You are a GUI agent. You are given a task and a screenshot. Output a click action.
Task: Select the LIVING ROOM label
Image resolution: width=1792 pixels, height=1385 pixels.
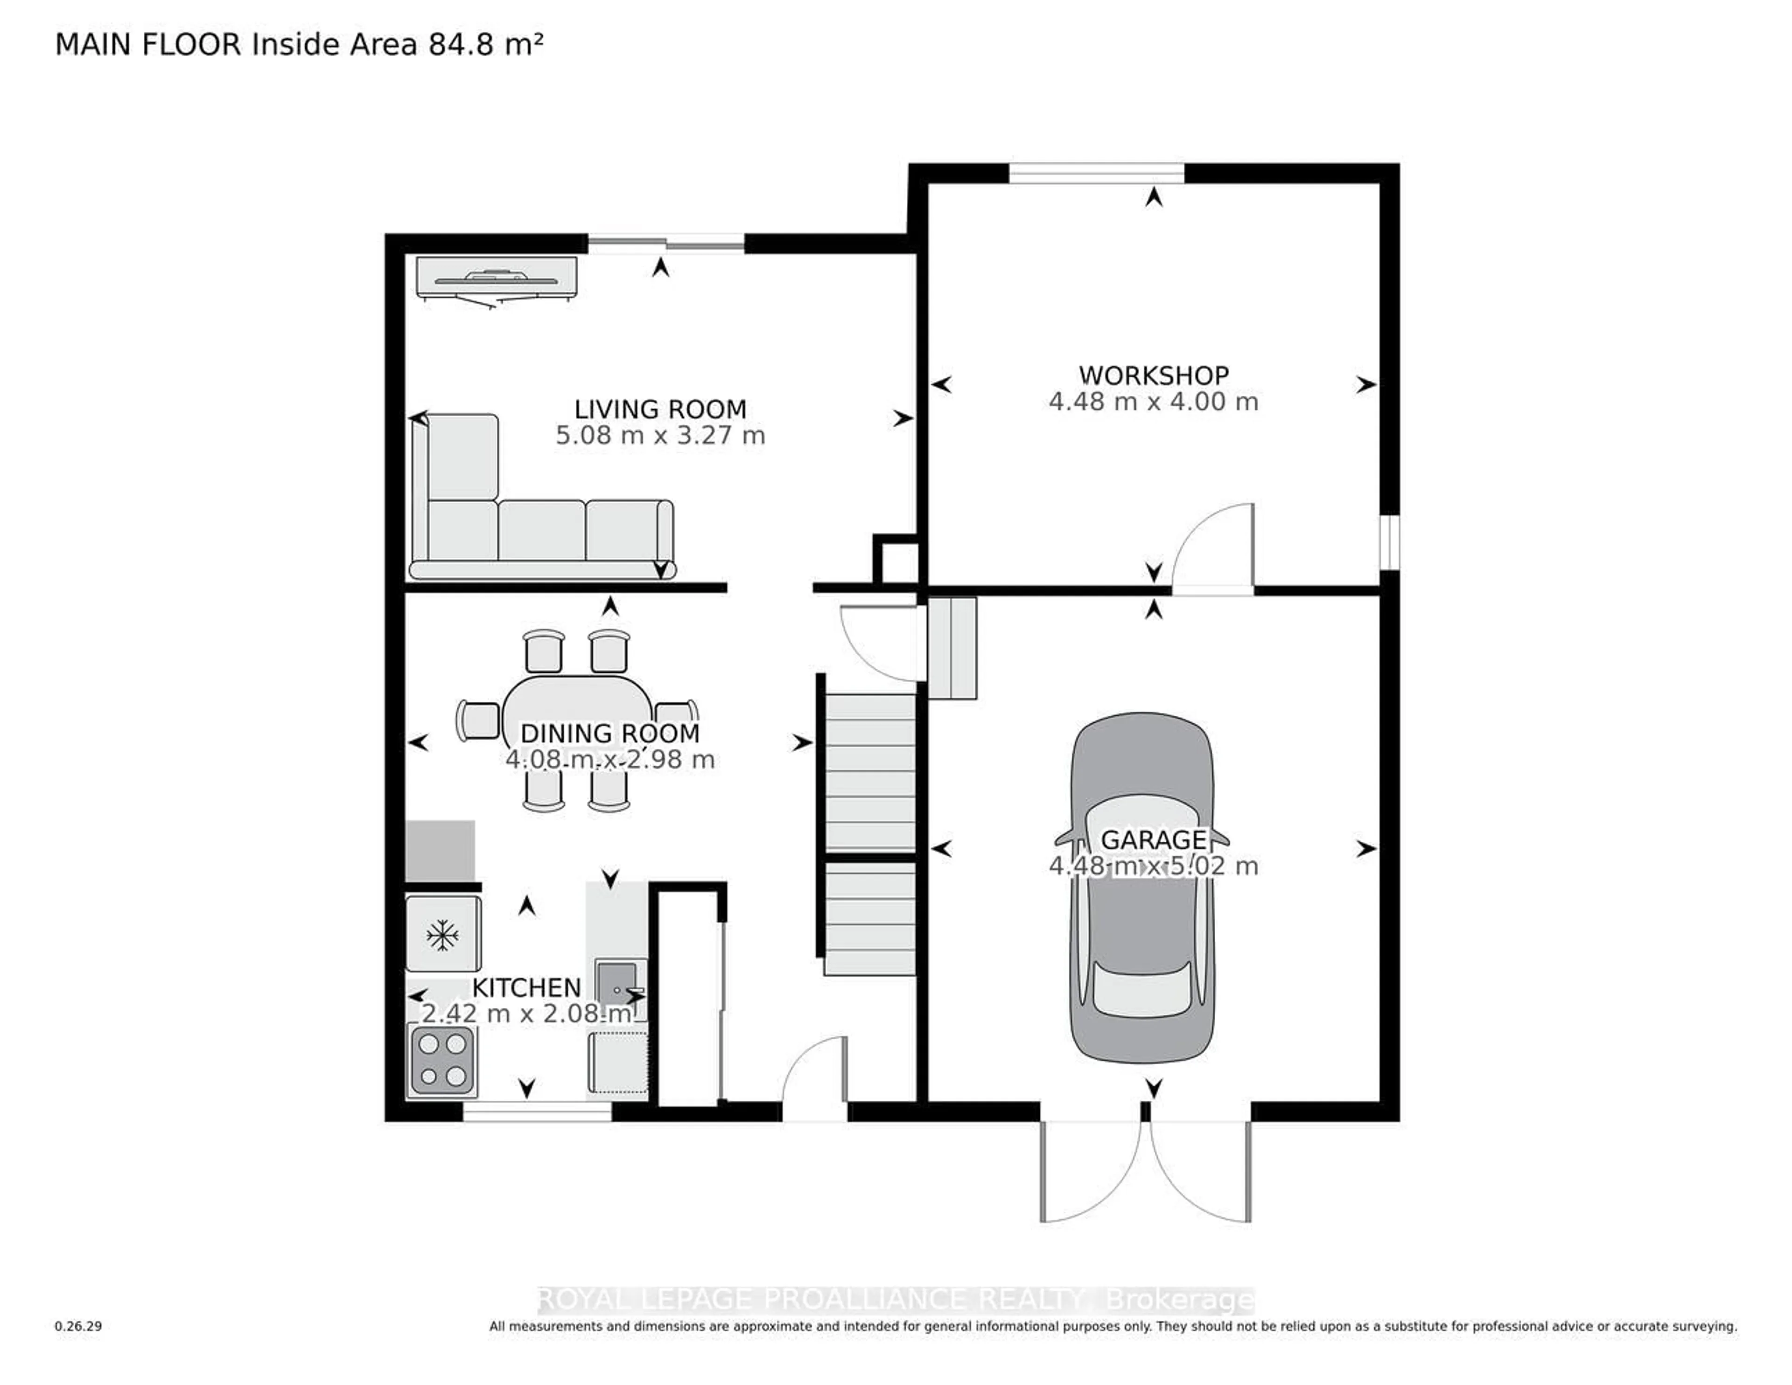tap(660, 409)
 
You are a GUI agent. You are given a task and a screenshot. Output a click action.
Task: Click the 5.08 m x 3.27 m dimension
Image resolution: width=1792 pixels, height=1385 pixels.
tap(660, 436)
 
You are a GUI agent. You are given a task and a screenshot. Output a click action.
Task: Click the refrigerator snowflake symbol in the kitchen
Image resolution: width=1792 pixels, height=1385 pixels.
tap(442, 935)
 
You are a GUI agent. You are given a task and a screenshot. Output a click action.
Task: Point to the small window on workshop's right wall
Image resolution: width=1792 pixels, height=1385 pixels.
tap(1389, 541)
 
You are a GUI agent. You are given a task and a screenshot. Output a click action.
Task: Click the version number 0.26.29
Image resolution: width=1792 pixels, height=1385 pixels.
tap(78, 1326)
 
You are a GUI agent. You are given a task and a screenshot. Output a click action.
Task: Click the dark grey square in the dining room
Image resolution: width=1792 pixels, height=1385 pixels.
tap(441, 851)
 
